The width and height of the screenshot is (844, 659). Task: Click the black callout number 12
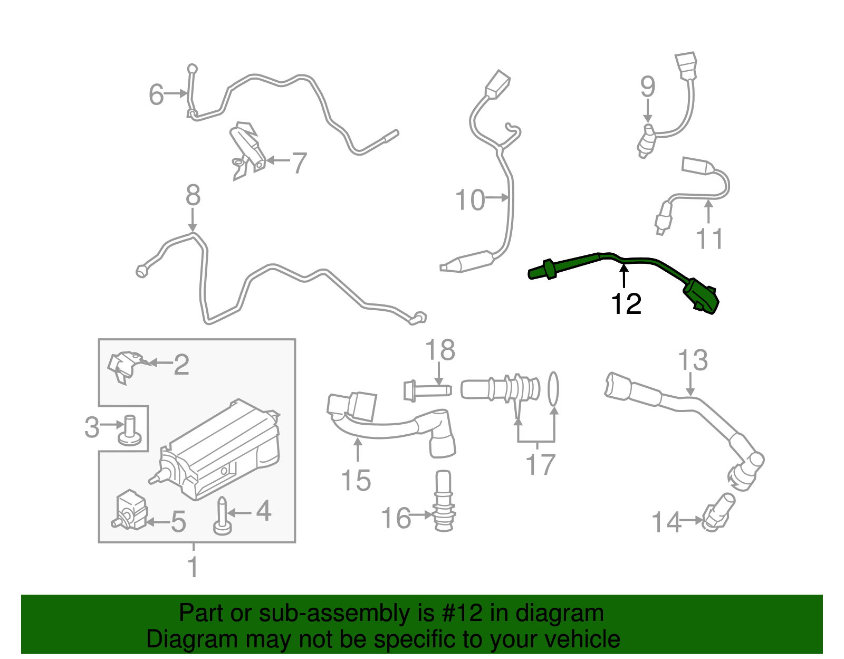626,304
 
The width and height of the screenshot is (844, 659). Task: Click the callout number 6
156,95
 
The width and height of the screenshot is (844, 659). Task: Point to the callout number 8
193,195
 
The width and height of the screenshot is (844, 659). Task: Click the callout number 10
469,200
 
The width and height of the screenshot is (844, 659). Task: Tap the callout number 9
648,87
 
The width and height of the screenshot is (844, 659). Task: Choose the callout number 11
709,238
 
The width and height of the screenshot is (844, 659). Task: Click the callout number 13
692,361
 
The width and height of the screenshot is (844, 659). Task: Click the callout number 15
356,480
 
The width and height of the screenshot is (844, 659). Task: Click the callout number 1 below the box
193,567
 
